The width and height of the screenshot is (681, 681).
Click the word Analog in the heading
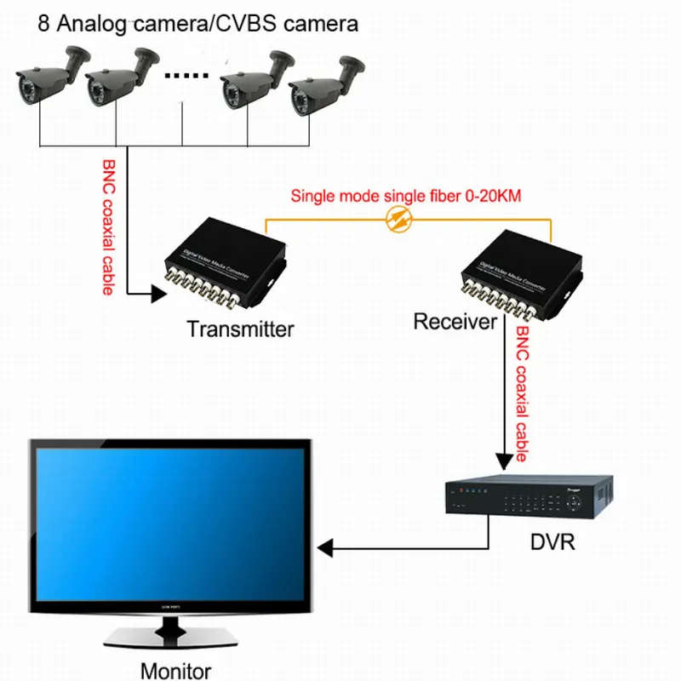click(x=83, y=23)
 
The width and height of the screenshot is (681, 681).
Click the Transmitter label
click(x=240, y=329)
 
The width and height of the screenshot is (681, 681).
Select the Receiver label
click(x=455, y=322)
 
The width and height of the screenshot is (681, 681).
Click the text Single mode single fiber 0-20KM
click(x=406, y=196)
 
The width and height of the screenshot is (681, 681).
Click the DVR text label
click(x=552, y=541)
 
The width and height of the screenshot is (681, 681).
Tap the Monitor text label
click(x=175, y=670)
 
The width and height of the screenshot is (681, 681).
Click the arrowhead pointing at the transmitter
click(x=157, y=295)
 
